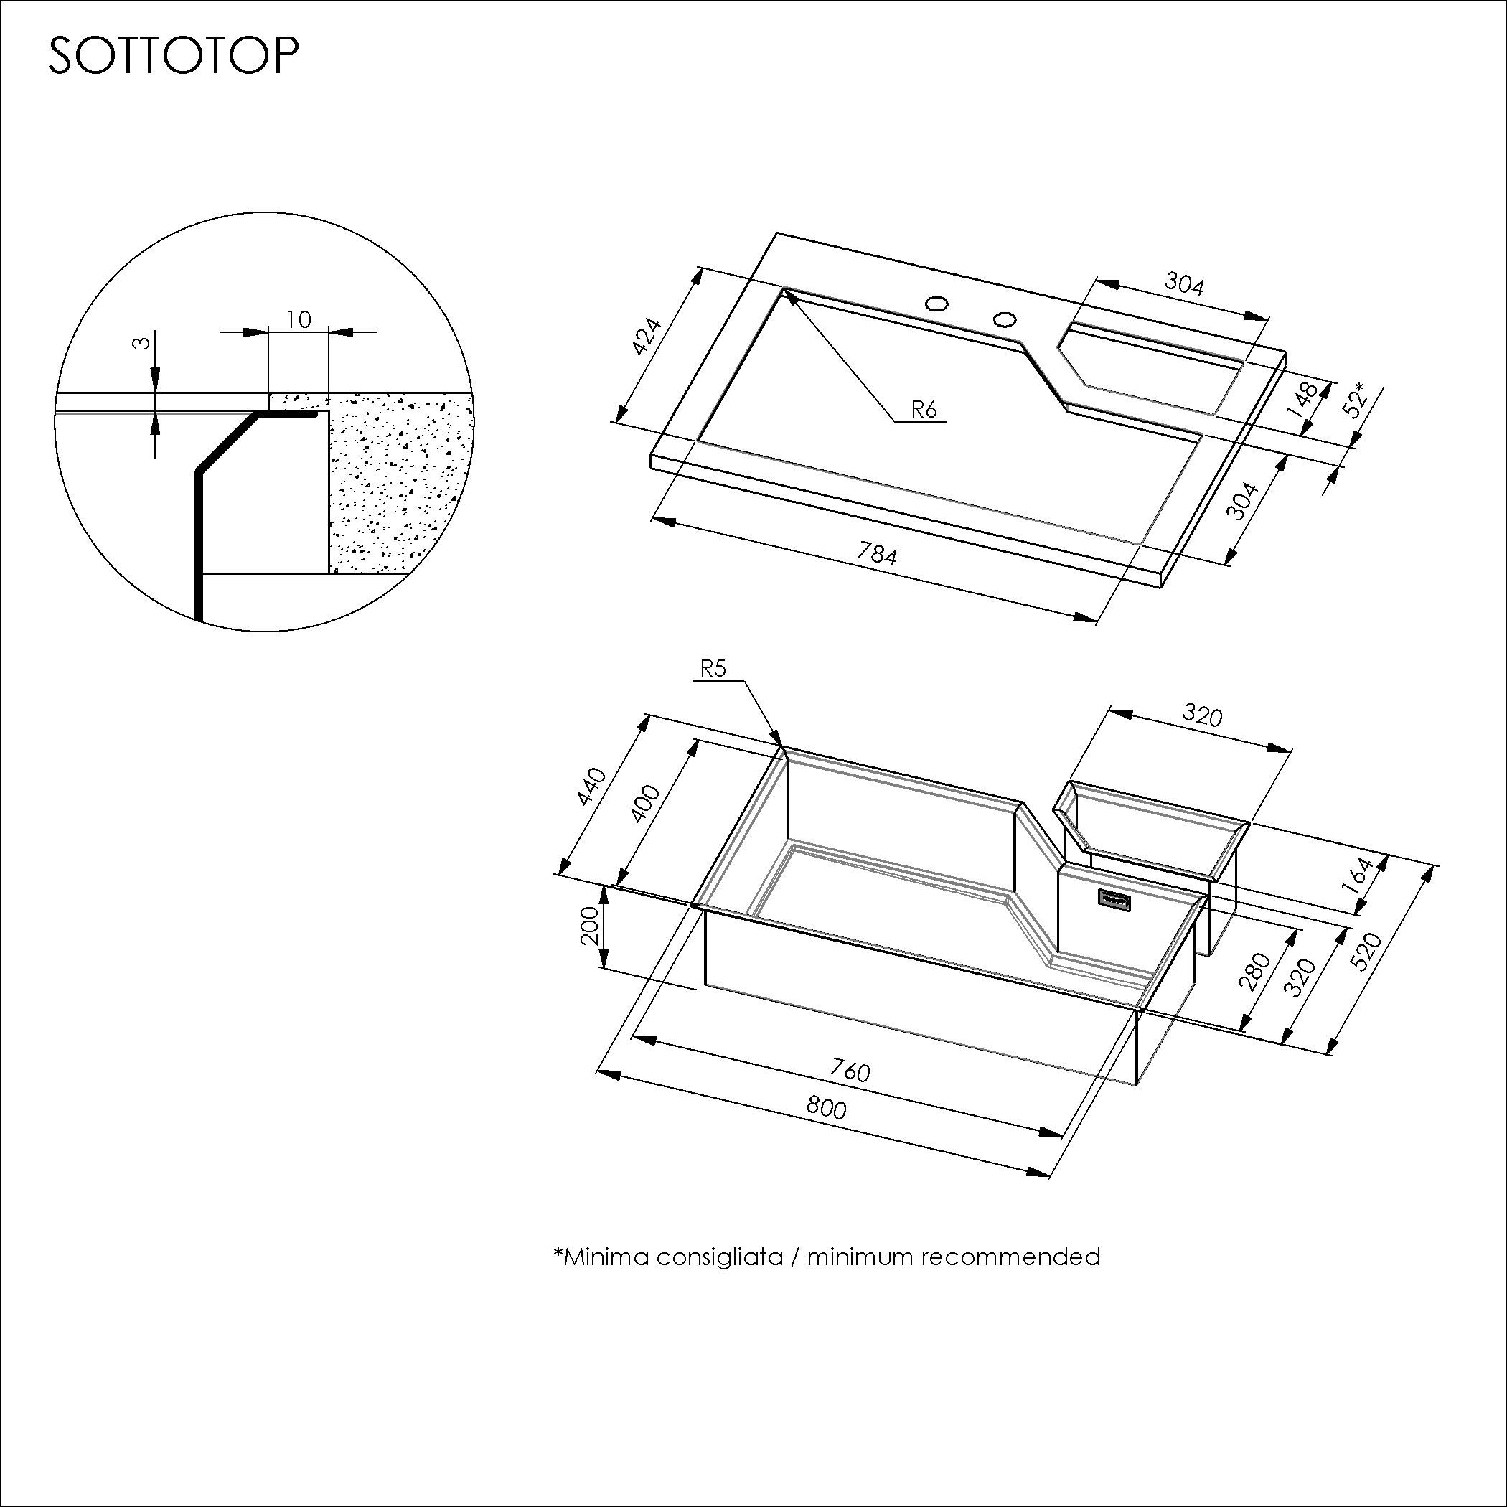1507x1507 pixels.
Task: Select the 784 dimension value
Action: (878, 554)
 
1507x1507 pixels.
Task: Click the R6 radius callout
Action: (924, 409)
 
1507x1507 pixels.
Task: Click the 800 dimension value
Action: (826, 1107)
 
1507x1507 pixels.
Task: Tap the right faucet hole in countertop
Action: (1005, 318)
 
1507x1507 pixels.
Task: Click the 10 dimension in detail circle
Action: (298, 319)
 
